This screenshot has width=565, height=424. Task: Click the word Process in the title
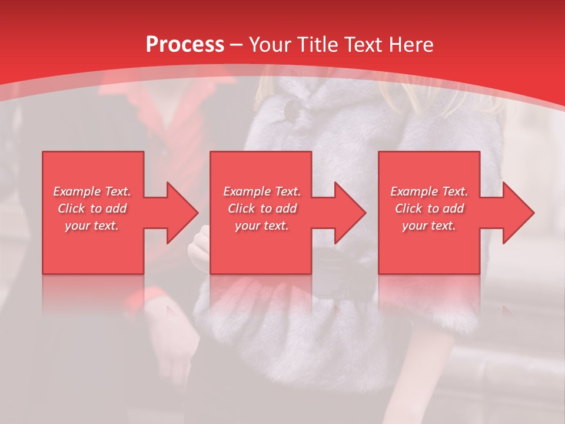coord(185,45)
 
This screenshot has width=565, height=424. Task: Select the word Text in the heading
coord(363,45)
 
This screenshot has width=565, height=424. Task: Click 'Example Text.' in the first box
coord(92,191)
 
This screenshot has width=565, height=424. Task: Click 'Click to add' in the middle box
coord(262,208)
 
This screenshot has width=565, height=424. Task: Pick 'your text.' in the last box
coord(429,226)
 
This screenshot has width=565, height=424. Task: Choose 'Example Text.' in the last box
coord(429,191)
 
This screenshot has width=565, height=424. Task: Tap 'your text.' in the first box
coord(92,226)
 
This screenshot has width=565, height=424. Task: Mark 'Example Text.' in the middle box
coord(262,191)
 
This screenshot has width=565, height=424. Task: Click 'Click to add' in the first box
coord(92,208)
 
